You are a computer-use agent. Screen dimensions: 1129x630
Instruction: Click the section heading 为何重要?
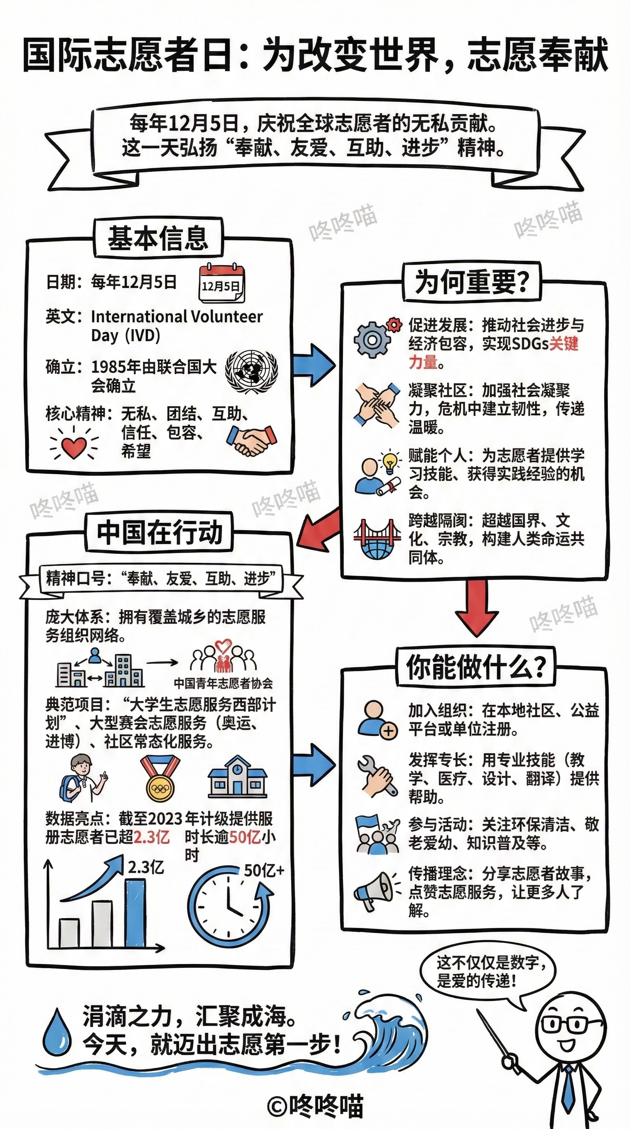click(x=471, y=282)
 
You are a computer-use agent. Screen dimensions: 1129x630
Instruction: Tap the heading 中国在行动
click(x=160, y=533)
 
